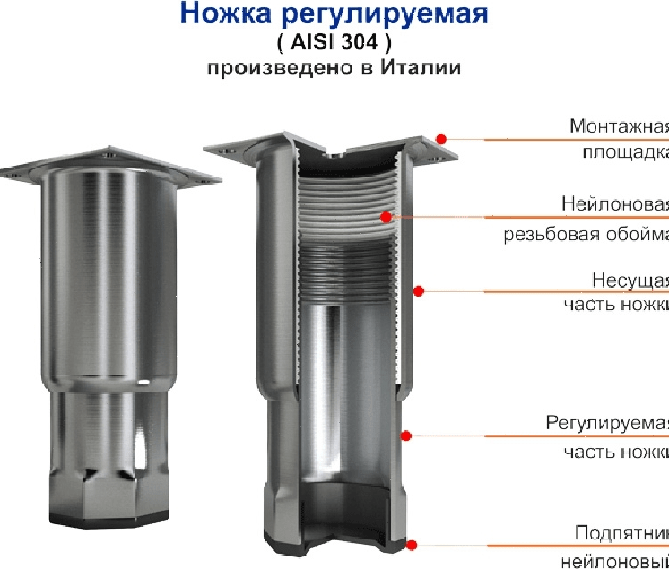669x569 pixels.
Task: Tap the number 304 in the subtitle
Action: pyautogui.click(x=370, y=42)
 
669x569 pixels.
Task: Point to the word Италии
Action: pyautogui.click(x=421, y=68)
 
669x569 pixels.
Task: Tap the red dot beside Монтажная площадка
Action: pyautogui.click(x=441, y=138)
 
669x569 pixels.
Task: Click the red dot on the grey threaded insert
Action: pyautogui.click(x=386, y=216)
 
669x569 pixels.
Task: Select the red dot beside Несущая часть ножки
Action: pyautogui.click(x=418, y=289)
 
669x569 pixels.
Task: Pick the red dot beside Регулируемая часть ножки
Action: pyautogui.click(x=405, y=435)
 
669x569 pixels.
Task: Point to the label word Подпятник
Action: pyautogui.click(x=621, y=534)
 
